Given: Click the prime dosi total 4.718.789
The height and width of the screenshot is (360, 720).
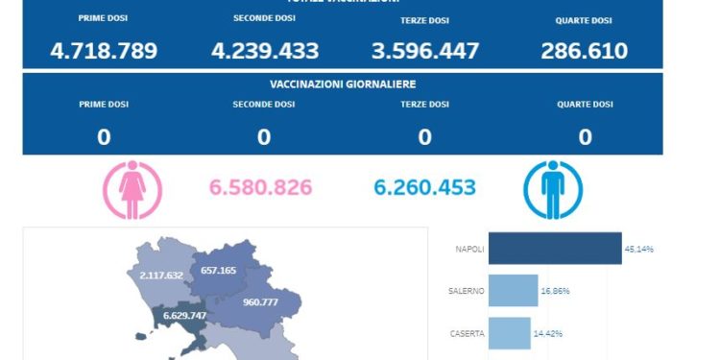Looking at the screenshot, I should click(104, 51).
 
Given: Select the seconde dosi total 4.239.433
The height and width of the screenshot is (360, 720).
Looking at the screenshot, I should click(264, 51).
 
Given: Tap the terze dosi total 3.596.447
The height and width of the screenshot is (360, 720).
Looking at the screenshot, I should click(424, 51).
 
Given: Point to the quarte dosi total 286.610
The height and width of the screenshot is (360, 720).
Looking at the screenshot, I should click(584, 51).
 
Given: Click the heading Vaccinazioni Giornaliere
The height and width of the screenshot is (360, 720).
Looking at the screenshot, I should click(343, 84).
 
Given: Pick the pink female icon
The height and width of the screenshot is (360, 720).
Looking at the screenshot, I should click(130, 188).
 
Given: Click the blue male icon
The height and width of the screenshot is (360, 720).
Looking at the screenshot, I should click(553, 188).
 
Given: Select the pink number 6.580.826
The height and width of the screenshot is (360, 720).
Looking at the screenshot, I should click(260, 187).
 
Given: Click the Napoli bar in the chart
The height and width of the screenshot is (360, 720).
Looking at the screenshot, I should click(555, 249).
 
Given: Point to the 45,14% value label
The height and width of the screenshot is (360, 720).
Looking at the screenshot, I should click(638, 250).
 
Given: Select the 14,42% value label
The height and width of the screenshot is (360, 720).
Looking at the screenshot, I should click(547, 333).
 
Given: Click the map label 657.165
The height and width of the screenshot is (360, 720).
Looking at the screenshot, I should click(219, 271).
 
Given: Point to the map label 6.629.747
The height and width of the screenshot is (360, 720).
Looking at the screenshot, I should click(184, 316).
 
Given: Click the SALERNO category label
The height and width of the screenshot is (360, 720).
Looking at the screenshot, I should click(466, 291).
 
